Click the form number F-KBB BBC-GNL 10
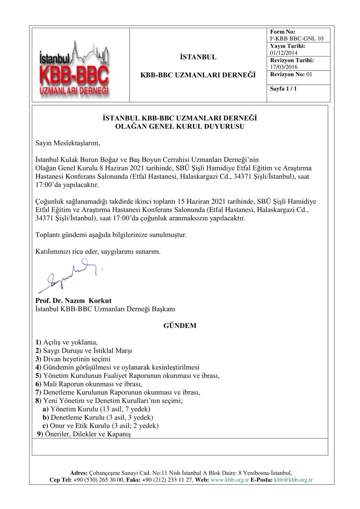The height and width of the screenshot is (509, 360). pyautogui.click(x=297, y=39)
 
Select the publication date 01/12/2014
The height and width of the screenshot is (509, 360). pyautogui.click(x=284, y=53)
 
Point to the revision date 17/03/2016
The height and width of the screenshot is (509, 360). pyautogui.click(x=284, y=67)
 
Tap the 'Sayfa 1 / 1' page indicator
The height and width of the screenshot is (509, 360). pyautogui.click(x=282, y=89)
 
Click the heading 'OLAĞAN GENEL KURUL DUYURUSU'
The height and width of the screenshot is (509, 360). pyautogui.click(x=180, y=126)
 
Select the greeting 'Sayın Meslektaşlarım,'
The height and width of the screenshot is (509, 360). pyautogui.click(x=68, y=143)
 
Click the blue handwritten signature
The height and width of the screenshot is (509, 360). pyautogui.click(x=68, y=277)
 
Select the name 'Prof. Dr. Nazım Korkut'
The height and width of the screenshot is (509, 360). pyautogui.click(x=73, y=301)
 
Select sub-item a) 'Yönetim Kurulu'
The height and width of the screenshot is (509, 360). pyautogui.click(x=100, y=409)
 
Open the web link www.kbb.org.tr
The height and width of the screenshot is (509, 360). pyautogui.click(x=230, y=480)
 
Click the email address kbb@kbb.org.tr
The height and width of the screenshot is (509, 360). pyautogui.click(x=293, y=480)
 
